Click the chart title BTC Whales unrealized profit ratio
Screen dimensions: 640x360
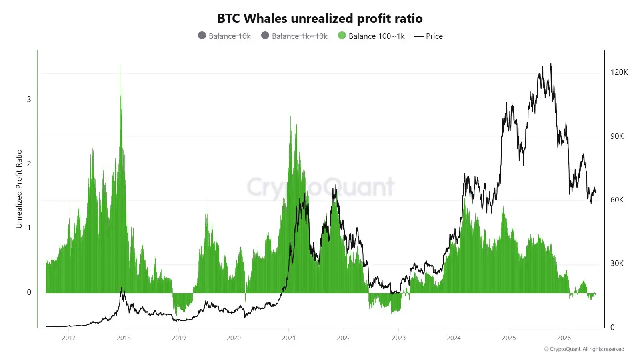pyautogui.click(x=320, y=18)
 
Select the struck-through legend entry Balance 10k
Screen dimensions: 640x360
pyautogui.click(x=224, y=36)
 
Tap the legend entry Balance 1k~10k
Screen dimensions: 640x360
pyautogui.click(x=294, y=36)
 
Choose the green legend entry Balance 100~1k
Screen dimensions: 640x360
pyautogui.click(x=371, y=36)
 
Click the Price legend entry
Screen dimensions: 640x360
pyautogui.click(x=428, y=36)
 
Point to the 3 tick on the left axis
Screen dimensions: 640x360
pyautogui.click(x=29, y=100)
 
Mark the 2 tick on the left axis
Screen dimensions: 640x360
pyautogui.click(x=29, y=164)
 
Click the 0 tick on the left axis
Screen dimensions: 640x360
pyautogui.click(x=29, y=292)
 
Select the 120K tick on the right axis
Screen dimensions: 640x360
pyautogui.click(x=619, y=72)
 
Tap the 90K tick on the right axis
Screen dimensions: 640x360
pyautogui.click(x=617, y=136)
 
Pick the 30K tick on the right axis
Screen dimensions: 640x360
pyautogui.click(x=617, y=264)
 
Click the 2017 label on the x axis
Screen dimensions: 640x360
pyautogui.click(x=68, y=338)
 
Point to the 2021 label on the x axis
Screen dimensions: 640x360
pyautogui.click(x=288, y=338)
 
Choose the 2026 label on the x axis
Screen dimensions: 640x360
pyautogui.click(x=564, y=338)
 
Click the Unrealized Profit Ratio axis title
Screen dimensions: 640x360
pyautogui.click(x=19, y=189)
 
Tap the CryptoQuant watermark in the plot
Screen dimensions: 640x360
pyautogui.click(x=320, y=187)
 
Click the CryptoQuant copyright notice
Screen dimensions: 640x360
pyautogui.click(x=584, y=349)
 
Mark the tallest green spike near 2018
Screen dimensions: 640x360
pyautogui.click(x=120, y=64)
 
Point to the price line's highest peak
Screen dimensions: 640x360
pyautogui.click(x=551, y=64)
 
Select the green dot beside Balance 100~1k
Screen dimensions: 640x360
pyautogui.click(x=342, y=36)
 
